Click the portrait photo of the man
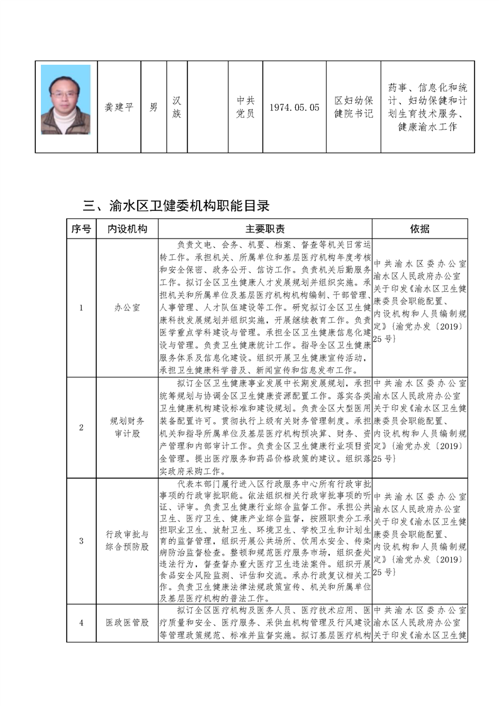click(65, 99)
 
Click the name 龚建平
click(119, 107)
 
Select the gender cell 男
click(154, 107)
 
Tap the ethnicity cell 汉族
click(177, 107)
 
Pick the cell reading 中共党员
click(245, 107)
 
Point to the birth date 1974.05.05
click(294, 107)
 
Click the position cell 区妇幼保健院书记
click(354, 107)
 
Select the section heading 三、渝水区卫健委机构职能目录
click(176, 205)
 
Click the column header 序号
click(81, 228)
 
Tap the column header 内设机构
click(127, 228)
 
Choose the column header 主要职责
click(265, 228)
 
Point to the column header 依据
click(420, 228)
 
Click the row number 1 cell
click(81, 308)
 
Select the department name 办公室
click(127, 308)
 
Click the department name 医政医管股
click(127, 622)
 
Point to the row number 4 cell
click(81, 622)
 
